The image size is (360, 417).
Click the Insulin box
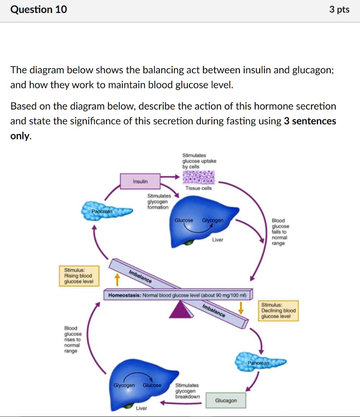(140, 181)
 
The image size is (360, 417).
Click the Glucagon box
(226, 400)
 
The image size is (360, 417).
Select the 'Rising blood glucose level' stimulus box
(79, 275)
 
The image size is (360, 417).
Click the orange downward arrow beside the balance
(241, 307)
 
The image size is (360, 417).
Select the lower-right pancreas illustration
(261, 361)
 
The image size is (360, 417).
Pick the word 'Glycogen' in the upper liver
(213, 220)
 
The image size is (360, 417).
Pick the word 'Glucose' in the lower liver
(152, 385)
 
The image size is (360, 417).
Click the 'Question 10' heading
(39, 10)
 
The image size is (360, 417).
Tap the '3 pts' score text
(339, 10)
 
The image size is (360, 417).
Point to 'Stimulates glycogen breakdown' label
(187, 391)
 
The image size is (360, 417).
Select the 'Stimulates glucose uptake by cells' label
(199, 161)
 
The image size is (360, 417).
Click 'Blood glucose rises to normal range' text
(72, 339)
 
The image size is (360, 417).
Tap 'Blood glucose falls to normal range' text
(280, 232)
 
